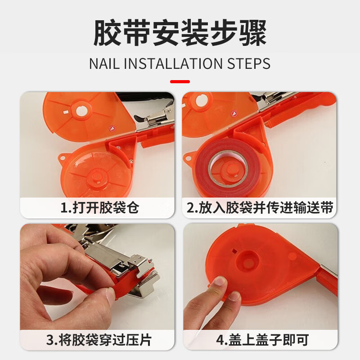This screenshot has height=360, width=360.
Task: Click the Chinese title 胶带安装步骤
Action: (180, 32)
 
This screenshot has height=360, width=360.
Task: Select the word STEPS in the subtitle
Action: (250, 63)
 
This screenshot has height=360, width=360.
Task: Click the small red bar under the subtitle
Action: (180, 82)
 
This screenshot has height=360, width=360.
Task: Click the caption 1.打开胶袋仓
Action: (97, 208)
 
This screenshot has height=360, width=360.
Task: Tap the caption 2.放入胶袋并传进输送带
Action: (260, 208)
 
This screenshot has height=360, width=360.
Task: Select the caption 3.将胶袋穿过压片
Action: (97, 340)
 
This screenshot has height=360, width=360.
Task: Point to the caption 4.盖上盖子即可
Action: (260, 340)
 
